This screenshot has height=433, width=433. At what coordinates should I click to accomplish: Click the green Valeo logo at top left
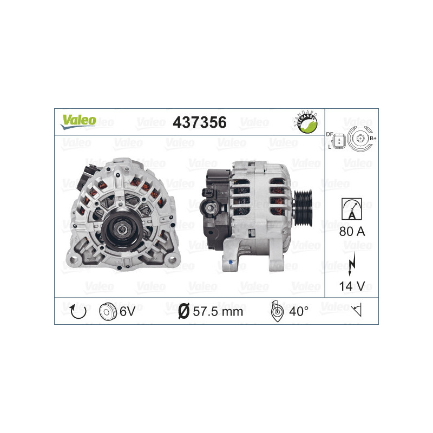[x=78, y=121]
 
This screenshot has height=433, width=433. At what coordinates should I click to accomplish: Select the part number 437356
[x=199, y=122]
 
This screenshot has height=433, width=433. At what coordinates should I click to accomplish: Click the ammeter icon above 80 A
[x=352, y=207]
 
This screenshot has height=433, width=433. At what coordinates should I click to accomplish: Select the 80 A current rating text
[x=352, y=232]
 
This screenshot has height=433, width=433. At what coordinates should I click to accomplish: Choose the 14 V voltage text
[x=352, y=286]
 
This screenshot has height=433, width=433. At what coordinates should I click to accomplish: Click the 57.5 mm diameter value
[x=218, y=311]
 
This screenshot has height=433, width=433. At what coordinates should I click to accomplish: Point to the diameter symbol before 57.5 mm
[x=183, y=311]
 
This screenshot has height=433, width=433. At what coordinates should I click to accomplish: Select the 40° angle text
[x=299, y=311]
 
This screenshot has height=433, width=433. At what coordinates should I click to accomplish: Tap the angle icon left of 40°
[x=276, y=311]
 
